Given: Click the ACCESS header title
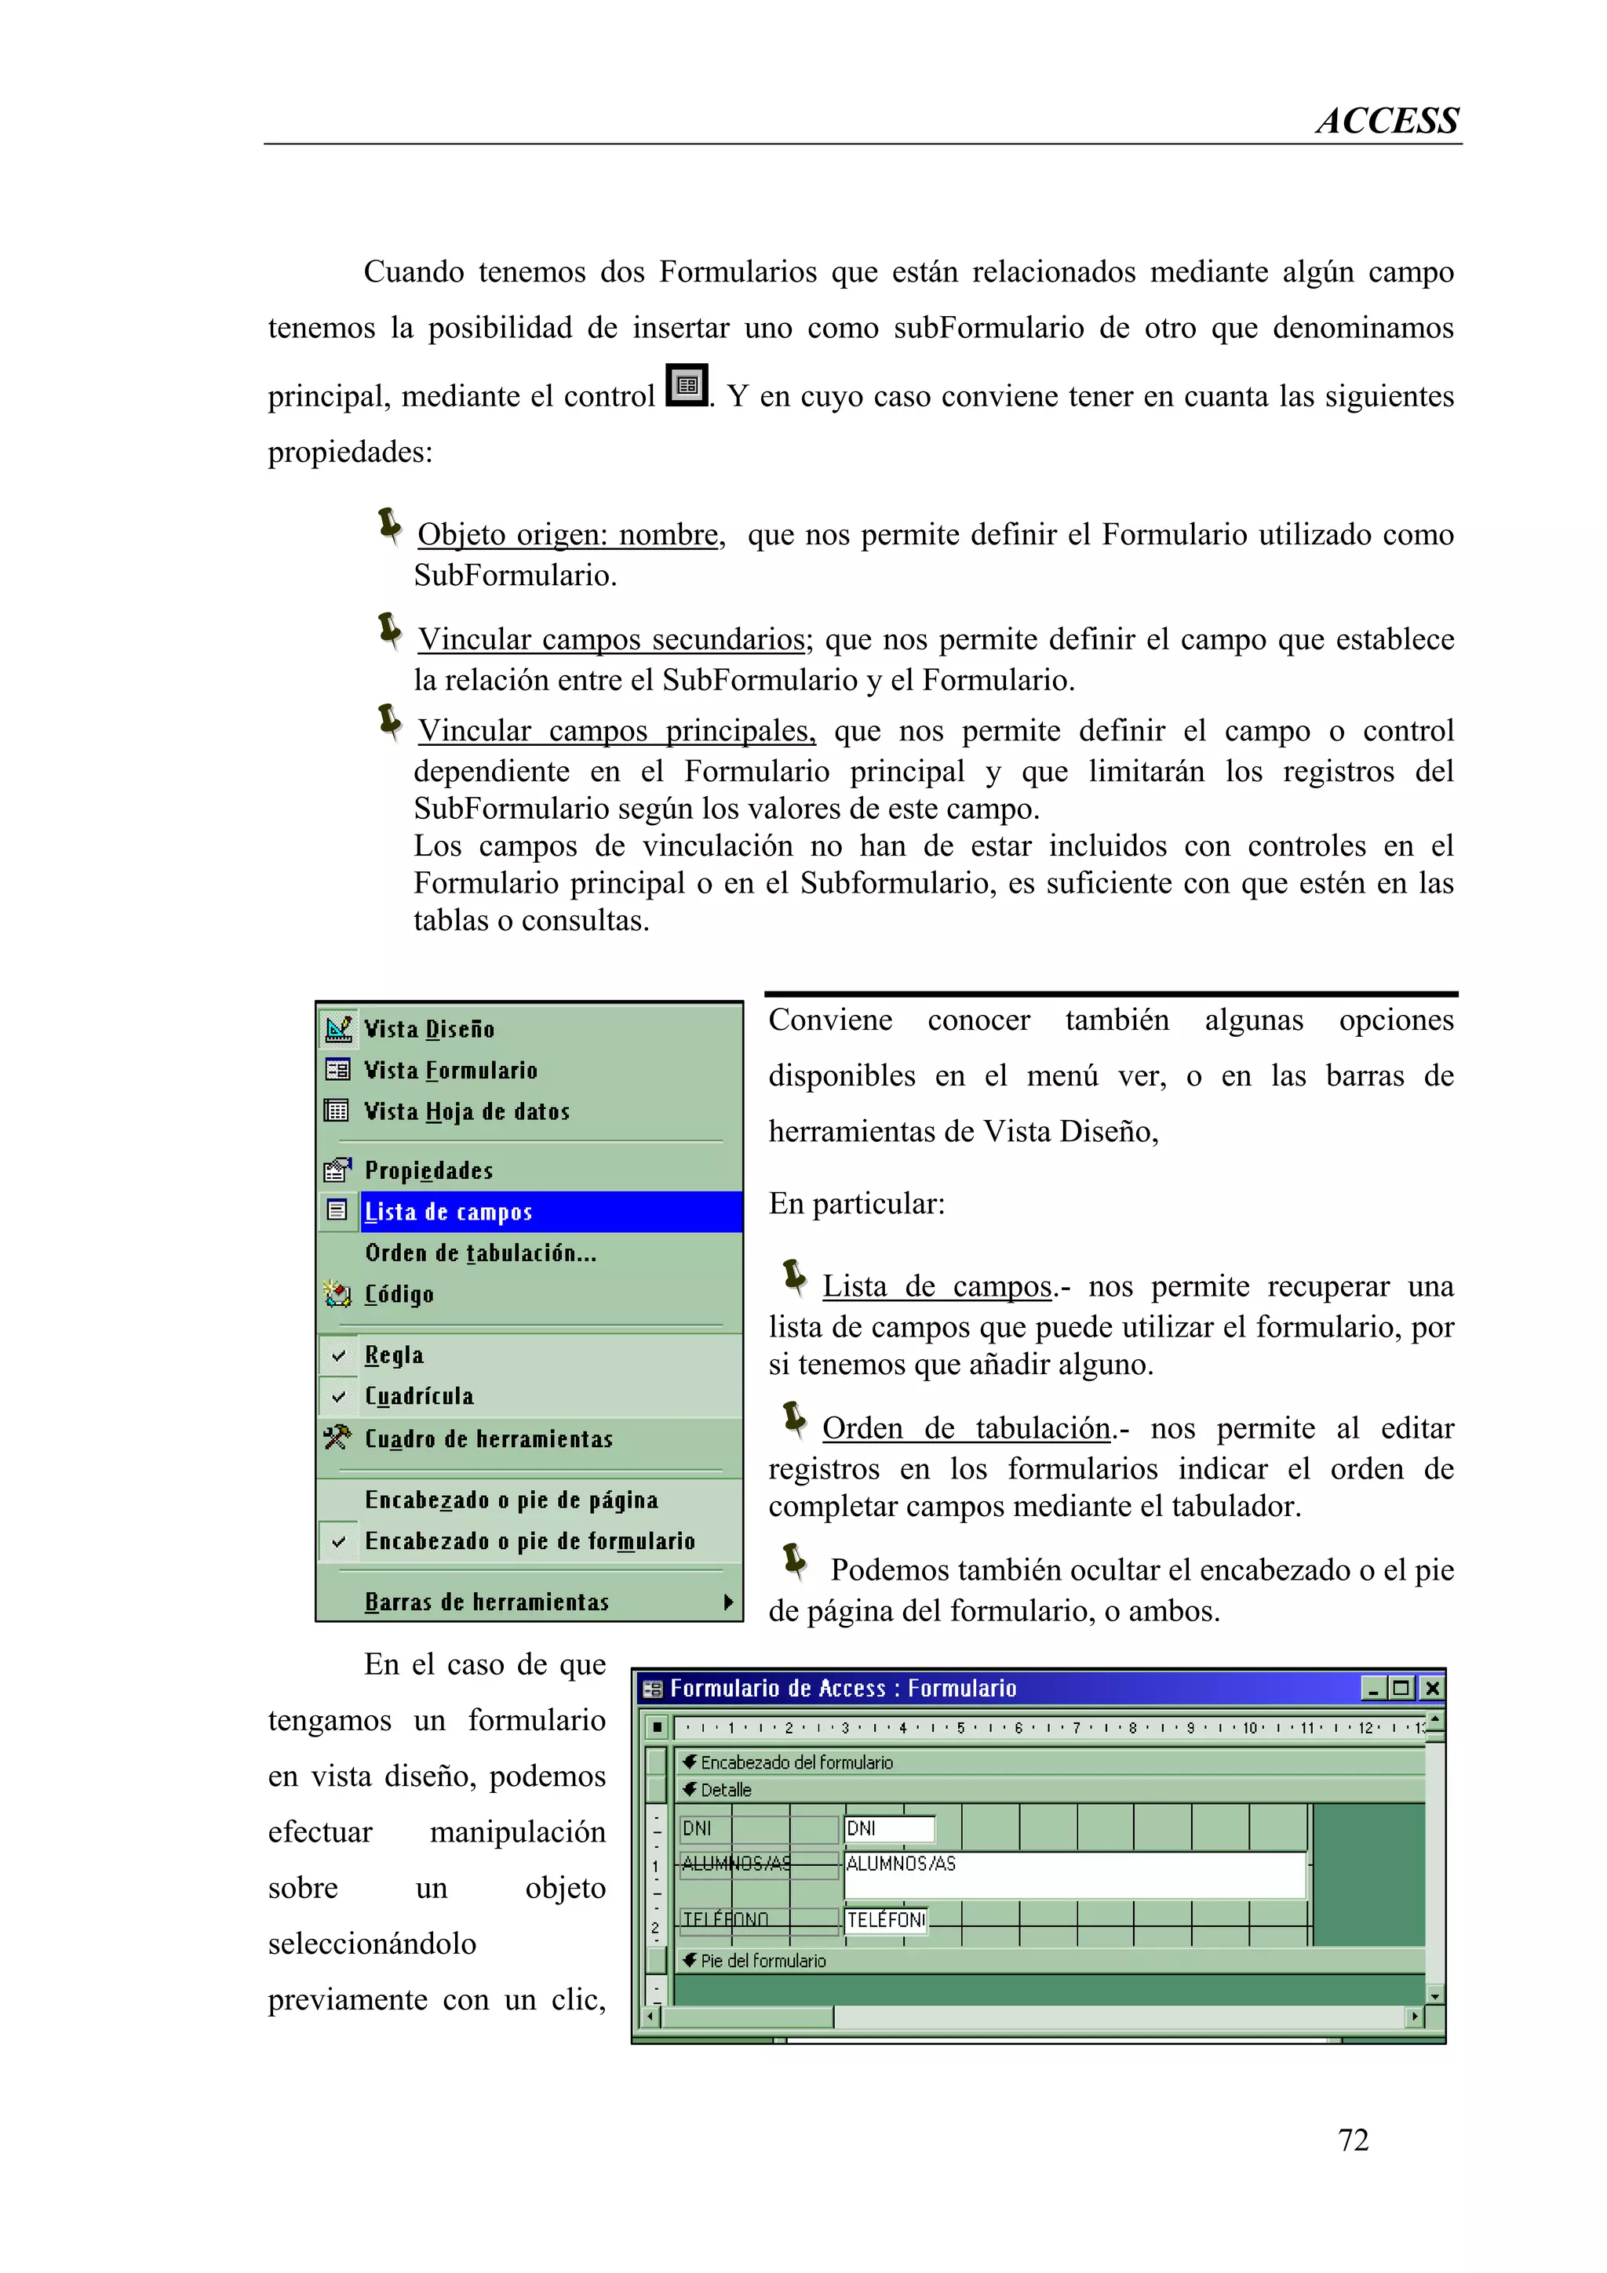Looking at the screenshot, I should pos(1387,121).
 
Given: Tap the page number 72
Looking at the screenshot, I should pos(1353,2140).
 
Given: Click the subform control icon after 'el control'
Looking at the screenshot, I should pos(687,385).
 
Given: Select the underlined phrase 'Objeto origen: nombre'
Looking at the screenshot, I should pos(567,535).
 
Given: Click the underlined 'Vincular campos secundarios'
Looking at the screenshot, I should pos(611,639).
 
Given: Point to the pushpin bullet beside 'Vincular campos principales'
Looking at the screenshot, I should pos(390,722).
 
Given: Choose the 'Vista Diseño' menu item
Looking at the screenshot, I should pos(430,1028).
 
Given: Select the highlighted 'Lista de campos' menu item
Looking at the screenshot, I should pos(450,1212).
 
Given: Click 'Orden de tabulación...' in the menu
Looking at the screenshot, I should pos(480,1253).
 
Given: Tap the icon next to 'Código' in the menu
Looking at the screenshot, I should pos(337,1294).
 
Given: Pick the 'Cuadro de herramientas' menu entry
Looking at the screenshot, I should pos(488,1438).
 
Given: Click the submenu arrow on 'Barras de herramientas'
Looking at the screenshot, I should pos(727,1601).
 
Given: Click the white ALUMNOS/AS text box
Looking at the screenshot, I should pos(1073,1874).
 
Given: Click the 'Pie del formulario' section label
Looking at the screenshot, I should pos(763,1960).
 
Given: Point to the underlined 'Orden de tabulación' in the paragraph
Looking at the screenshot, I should pos(967,1428).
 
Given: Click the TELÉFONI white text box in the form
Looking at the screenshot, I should pos(886,1919).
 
